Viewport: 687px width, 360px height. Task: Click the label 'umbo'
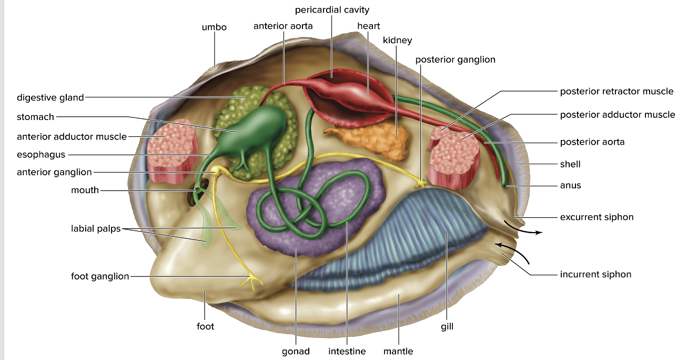click(214, 27)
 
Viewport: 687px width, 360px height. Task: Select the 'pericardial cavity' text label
click(332, 10)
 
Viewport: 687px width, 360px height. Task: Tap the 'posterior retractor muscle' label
click(617, 91)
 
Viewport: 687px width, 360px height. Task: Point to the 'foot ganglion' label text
click(100, 276)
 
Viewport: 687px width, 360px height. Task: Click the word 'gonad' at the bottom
click(296, 351)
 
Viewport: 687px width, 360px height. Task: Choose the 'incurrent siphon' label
click(595, 274)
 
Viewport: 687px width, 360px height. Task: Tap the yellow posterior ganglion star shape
click(421, 183)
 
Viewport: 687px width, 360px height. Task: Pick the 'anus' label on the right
click(570, 185)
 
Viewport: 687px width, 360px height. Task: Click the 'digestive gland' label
click(50, 97)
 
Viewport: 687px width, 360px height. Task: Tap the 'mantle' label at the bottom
click(398, 351)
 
